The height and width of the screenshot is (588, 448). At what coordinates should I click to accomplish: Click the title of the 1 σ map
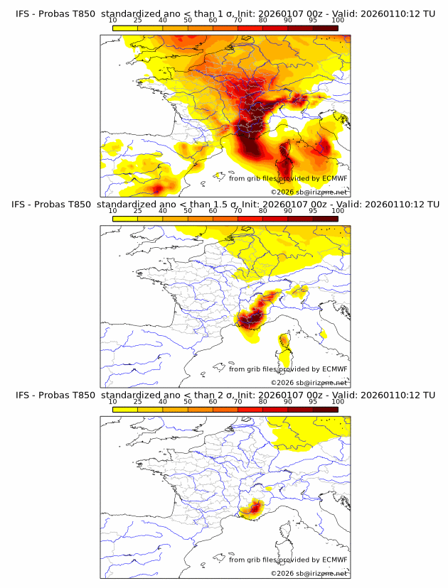pos(225,13)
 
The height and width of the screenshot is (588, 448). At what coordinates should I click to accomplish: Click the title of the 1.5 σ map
pos(225,205)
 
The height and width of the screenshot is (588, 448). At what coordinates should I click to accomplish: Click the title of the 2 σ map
pos(225,395)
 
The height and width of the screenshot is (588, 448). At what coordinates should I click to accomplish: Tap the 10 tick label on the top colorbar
pos(113,20)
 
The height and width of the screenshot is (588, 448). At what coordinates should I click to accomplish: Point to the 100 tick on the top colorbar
pos(338,20)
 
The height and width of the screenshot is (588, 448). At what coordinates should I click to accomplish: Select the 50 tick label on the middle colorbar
pos(188,211)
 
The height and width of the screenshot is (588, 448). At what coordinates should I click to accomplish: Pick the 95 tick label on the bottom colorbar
pos(312,401)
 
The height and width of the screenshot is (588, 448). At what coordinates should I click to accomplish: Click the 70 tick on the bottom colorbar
pos(238,401)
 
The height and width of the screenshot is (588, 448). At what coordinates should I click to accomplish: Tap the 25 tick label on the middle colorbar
pos(138,211)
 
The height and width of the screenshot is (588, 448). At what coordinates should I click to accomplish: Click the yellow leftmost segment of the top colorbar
pos(125,28)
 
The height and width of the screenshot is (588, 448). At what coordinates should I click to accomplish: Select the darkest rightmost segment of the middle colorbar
pos(325,219)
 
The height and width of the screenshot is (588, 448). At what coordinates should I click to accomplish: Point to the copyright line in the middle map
pos(309,382)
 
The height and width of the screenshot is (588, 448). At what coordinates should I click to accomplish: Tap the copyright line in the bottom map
pos(309,573)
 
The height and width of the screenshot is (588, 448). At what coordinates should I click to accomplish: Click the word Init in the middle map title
pos(250,205)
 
